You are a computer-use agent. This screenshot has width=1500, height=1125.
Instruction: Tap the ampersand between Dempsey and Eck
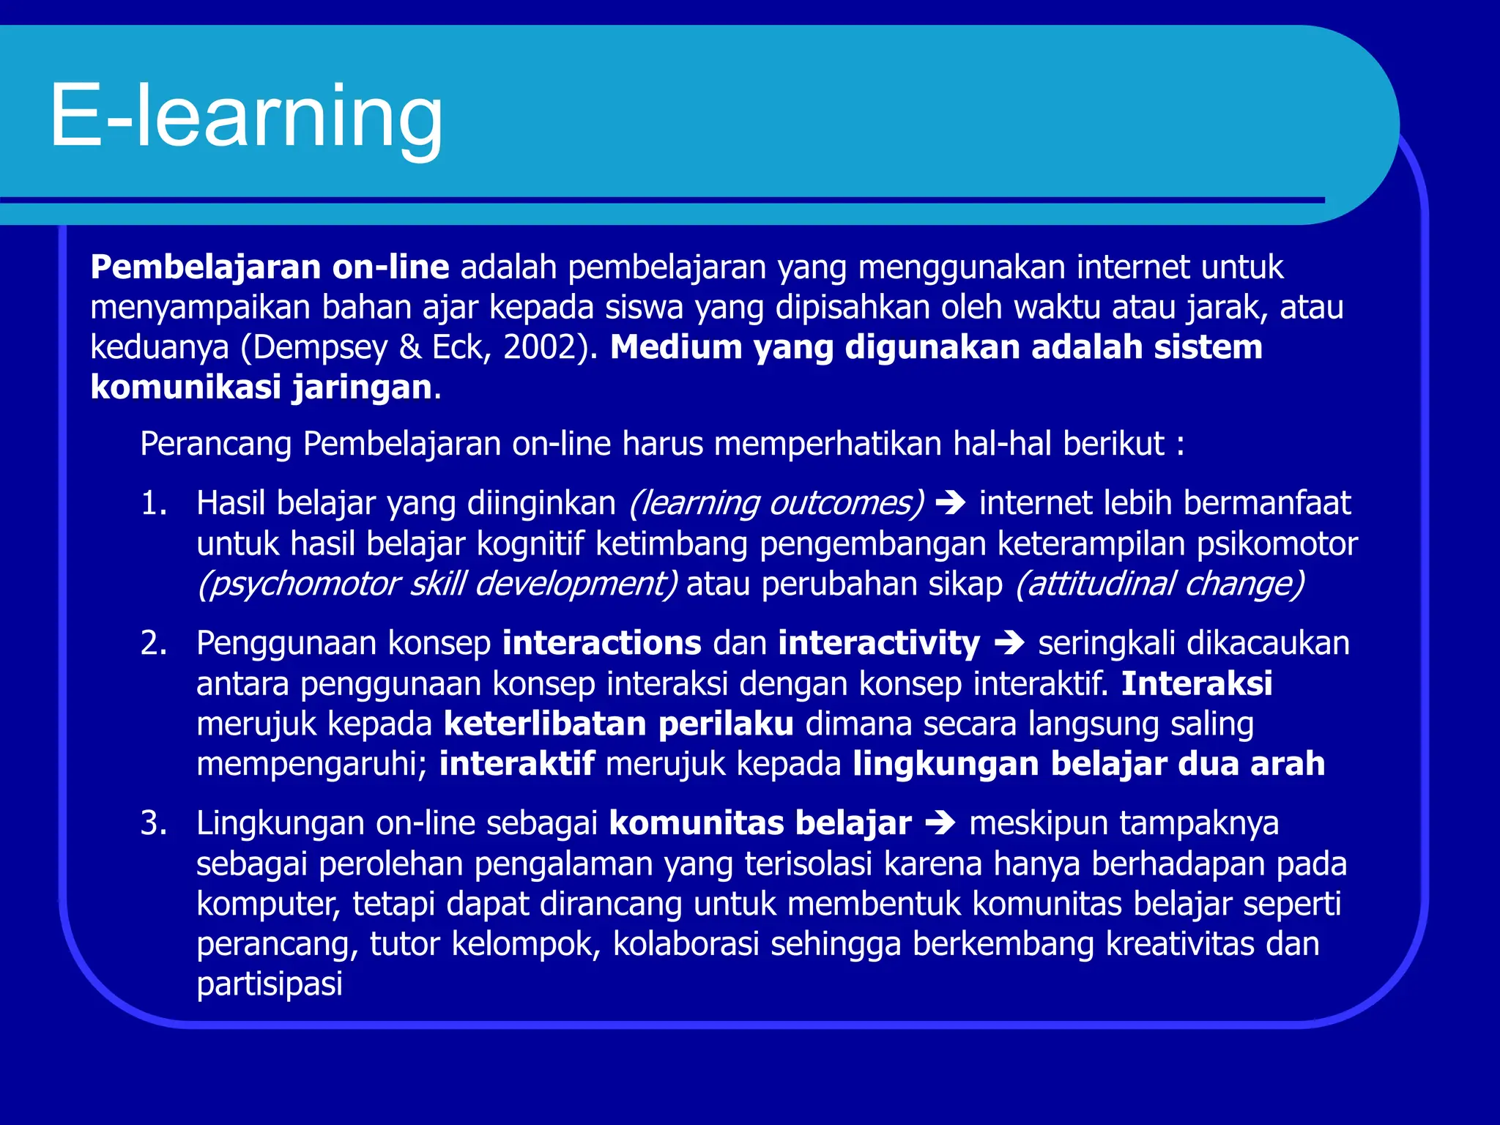tap(410, 347)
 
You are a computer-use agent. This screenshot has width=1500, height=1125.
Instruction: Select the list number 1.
tap(153, 504)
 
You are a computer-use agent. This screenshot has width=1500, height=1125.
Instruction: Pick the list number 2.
tap(153, 644)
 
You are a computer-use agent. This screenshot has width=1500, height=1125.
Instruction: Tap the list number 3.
tap(153, 824)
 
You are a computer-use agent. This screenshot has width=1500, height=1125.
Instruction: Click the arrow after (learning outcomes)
tap(951, 504)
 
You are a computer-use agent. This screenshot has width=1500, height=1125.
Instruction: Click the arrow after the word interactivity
tap(1009, 644)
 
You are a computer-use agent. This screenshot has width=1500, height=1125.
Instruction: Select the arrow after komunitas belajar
tap(940, 824)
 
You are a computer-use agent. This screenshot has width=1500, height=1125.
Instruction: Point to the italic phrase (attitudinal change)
tap(1159, 584)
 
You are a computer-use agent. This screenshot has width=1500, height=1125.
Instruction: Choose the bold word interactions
tap(602, 644)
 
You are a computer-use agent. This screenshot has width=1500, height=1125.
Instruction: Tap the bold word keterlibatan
tap(545, 724)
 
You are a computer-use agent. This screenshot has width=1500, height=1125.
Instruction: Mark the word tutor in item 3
tap(405, 944)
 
